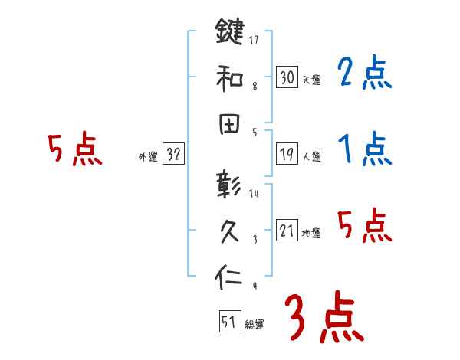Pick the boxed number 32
pos(173,155)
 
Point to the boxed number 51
pos(229,322)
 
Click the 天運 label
pos(312,80)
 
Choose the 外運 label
pos(147,157)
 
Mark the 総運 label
pos(255,325)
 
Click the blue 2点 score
pos(365,74)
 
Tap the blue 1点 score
pos(365,148)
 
